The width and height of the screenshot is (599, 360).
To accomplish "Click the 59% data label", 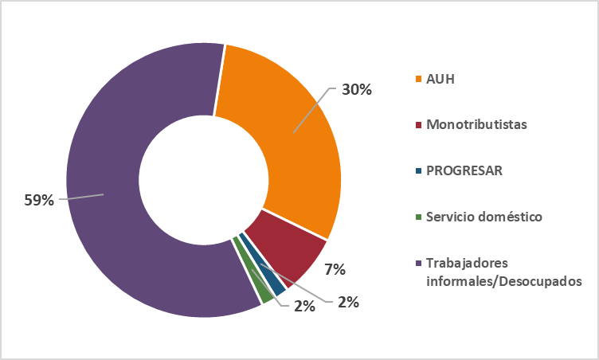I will [39, 200].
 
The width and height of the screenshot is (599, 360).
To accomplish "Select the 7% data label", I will [335, 269].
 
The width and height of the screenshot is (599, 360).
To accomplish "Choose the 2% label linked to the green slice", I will [304, 306].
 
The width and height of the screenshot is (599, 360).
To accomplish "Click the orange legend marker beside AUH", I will [418, 80].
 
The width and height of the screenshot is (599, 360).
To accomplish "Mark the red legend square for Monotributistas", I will [418, 125].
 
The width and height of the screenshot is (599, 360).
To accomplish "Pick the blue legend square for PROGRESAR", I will [418, 170].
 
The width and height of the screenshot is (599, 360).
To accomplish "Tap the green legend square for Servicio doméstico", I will [418, 216].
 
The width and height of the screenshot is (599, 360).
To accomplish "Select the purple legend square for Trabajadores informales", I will [418, 263].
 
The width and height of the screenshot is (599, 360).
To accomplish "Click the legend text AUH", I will [440, 80].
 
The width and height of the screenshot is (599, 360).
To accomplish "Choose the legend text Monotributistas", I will [476, 125].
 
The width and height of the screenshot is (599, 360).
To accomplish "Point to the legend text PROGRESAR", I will [464, 170].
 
